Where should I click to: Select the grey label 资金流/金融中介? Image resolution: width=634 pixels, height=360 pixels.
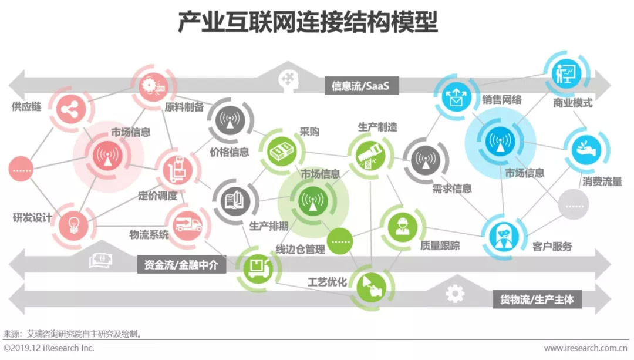coord(181,265)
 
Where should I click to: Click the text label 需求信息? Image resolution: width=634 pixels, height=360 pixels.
coord(452,189)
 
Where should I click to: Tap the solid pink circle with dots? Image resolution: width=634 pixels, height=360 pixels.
coord(24,170)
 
